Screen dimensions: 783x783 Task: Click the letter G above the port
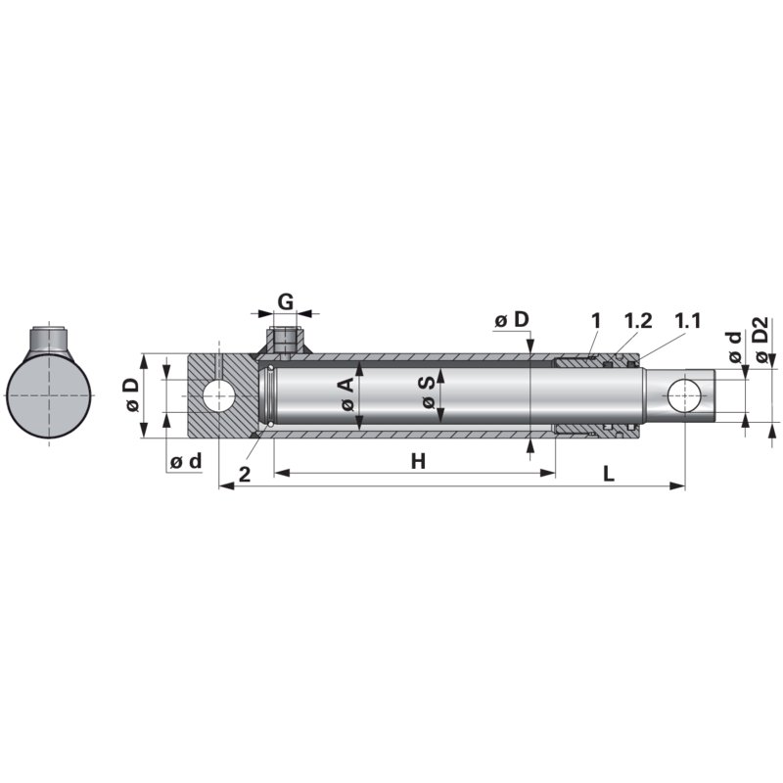click(x=285, y=301)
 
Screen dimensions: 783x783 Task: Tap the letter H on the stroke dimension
click(x=418, y=461)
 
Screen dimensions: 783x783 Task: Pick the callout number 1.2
click(x=637, y=321)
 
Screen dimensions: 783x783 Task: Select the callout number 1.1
click(x=688, y=321)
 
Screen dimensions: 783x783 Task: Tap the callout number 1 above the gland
click(x=595, y=321)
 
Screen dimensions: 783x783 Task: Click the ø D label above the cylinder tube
click(x=511, y=320)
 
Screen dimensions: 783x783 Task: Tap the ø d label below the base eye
click(x=185, y=461)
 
